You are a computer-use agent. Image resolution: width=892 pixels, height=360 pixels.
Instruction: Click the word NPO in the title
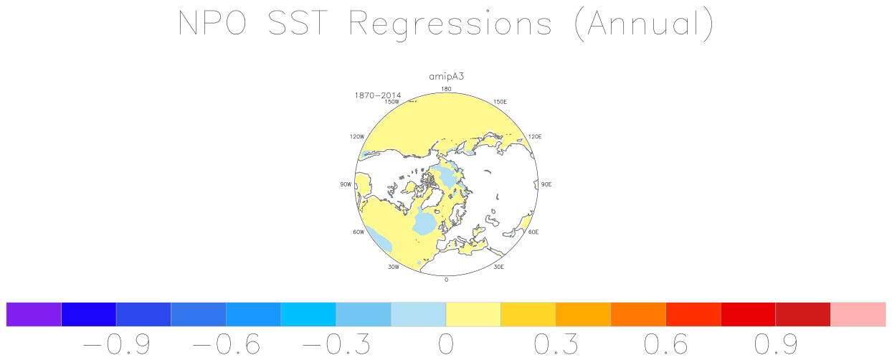pyautogui.click(x=212, y=23)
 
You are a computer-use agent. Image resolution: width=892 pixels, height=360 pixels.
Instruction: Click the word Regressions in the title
pyautogui.click(x=450, y=24)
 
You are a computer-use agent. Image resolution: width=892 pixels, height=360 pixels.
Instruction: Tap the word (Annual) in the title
pyautogui.click(x=645, y=24)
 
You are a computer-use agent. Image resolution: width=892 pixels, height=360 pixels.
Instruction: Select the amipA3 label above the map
pyautogui.click(x=447, y=76)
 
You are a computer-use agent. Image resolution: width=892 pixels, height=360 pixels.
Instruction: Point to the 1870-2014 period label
pyautogui.click(x=377, y=95)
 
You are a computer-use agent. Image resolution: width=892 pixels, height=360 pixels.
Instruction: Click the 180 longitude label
pyautogui.click(x=447, y=89)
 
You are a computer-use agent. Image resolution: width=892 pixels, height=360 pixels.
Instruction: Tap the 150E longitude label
pyautogui.click(x=500, y=102)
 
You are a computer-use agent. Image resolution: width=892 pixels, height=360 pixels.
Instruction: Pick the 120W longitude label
pyautogui.click(x=357, y=136)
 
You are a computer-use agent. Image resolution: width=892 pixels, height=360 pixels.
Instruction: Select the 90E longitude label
pyautogui.click(x=546, y=184)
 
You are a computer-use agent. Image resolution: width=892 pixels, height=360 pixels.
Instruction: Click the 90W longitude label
pyautogui.click(x=346, y=184)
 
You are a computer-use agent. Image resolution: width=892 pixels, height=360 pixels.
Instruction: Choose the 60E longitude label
pyautogui.click(x=533, y=232)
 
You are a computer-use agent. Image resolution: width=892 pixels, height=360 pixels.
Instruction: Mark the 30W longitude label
pyautogui.click(x=394, y=267)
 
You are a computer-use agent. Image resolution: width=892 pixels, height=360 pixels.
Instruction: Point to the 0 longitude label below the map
pyautogui.click(x=447, y=280)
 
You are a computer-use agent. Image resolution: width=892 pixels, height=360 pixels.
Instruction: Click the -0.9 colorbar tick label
pyautogui.click(x=117, y=344)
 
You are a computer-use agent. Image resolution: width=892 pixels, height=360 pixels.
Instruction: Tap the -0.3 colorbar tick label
pyautogui.click(x=336, y=344)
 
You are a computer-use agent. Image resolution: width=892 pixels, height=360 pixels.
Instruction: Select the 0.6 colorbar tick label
pyautogui.click(x=666, y=344)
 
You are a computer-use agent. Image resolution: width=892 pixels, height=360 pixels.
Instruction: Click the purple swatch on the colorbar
pyautogui.click(x=34, y=314)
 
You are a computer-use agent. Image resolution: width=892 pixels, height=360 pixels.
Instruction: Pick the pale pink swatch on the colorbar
pyautogui.click(x=858, y=314)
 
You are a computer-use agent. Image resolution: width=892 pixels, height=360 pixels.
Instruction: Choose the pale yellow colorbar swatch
pyautogui.click(x=473, y=314)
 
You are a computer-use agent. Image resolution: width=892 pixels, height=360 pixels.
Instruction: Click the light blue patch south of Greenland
pyautogui.click(x=424, y=223)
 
